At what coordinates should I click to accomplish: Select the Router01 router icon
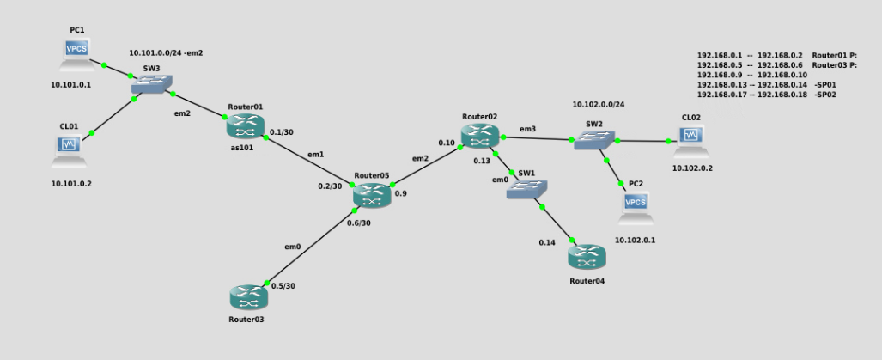coord(246,125)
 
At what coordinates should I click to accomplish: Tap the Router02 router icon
coord(478,135)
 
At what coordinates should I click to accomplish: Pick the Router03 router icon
coord(247,297)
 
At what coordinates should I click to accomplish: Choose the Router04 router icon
coord(587,257)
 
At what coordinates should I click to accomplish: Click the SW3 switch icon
coord(153,84)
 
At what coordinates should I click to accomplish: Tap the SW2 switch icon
coord(593,142)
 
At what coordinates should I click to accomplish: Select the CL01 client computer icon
coord(70,149)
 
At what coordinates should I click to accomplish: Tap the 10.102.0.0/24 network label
coord(599,105)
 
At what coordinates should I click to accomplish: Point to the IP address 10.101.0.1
coord(70,85)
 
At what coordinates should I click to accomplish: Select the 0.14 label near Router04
coord(547,243)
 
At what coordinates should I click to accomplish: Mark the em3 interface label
coord(527,130)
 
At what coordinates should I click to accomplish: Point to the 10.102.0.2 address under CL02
coord(693,169)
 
